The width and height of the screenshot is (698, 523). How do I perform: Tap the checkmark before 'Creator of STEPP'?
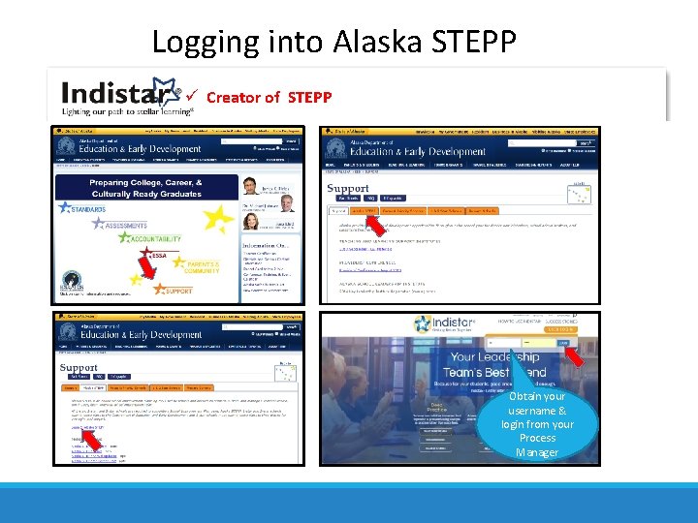tap(194, 97)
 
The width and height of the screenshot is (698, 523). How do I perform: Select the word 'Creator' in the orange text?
tap(231, 97)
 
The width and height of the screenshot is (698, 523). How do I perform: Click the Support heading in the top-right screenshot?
tap(348, 188)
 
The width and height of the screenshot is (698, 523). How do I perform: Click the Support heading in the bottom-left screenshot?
tap(79, 368)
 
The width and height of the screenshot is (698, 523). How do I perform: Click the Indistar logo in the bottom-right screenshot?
tap(443, 323)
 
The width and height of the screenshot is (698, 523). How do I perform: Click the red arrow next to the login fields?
tap(574, 355)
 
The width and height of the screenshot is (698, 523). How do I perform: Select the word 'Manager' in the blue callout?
tap(537, 452)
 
